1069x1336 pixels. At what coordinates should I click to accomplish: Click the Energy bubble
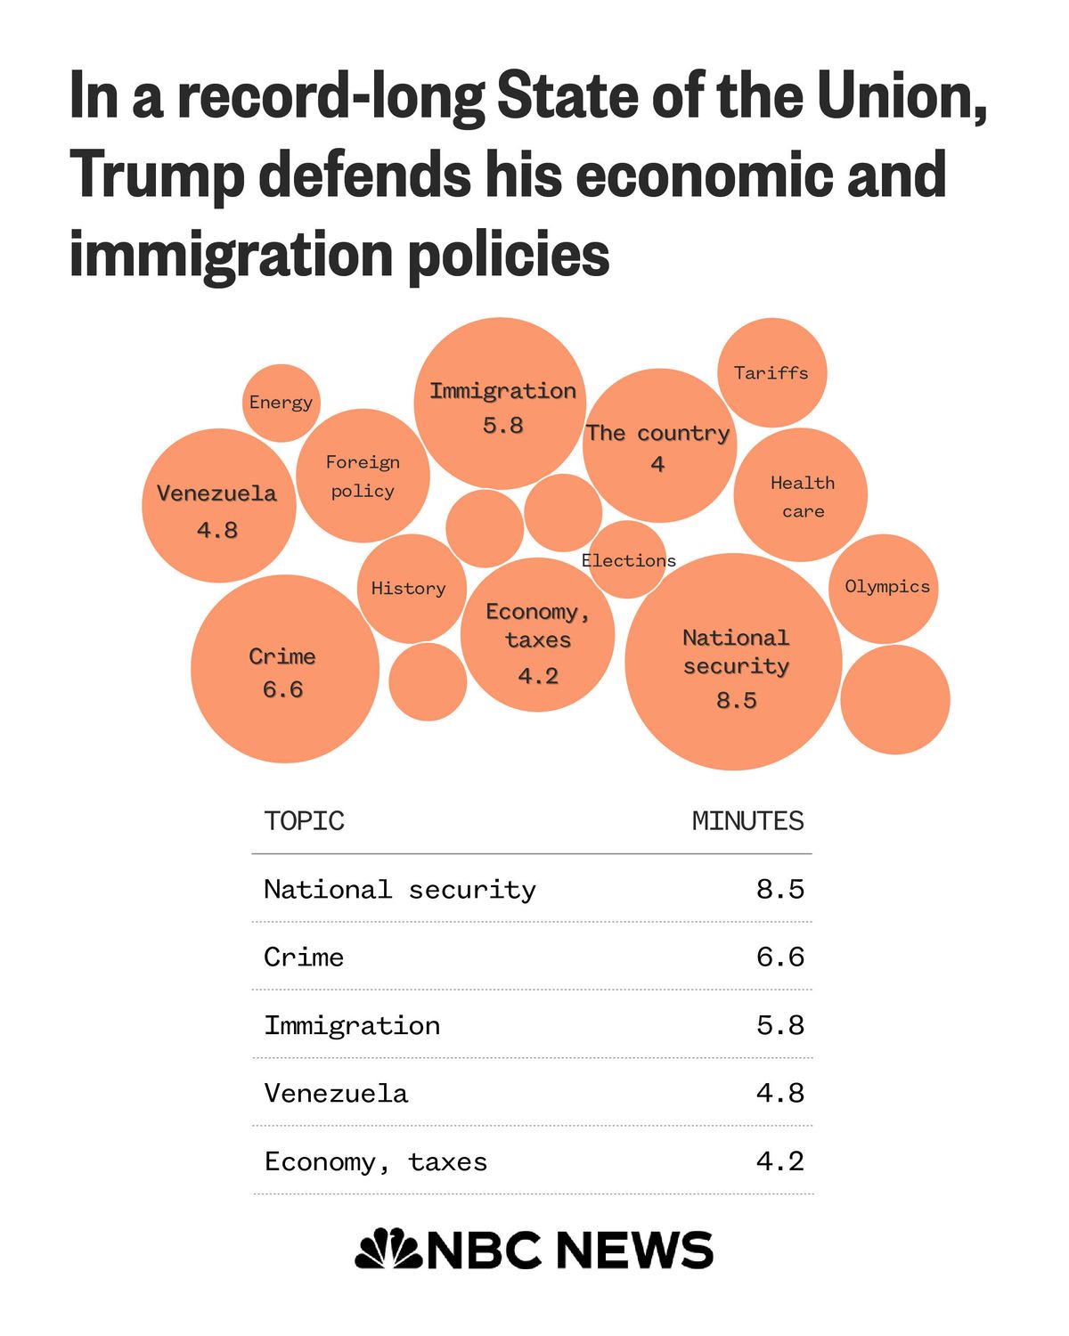[x=281, y=403]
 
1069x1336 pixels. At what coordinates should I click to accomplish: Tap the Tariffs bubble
[x=771, y=373]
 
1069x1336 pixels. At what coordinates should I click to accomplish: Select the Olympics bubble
[x=886, y=587]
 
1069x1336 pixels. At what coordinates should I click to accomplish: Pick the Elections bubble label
[x=629, y=560]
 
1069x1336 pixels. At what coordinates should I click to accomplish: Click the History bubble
[x=409, y=589]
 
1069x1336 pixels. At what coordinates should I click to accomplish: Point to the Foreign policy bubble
[x=363, y=477]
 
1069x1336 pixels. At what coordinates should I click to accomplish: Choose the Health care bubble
[x=802, y=496]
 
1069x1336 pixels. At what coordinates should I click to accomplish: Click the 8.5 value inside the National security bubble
[x=737, y=701]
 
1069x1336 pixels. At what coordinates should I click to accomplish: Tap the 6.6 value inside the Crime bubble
[x=282, y=689]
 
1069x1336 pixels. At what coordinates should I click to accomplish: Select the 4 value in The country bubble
[x=657, y=464]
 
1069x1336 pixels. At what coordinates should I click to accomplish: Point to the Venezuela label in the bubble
[x=217, y=493]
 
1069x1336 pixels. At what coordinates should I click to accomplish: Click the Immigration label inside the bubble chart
[x=502, y=391]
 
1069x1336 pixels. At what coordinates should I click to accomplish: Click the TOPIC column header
[x=304, y=820]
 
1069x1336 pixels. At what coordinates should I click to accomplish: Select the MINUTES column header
[x=747, y=820]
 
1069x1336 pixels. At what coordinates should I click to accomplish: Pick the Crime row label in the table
[x=304, y=957]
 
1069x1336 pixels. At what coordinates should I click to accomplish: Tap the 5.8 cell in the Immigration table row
[x=779, y=1025]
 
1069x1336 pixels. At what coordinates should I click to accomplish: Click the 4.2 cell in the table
[x=779, y=1161]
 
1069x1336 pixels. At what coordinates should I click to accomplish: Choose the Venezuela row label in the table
[x=336, y=1094]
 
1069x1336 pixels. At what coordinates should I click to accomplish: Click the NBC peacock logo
[x=389, y=1249]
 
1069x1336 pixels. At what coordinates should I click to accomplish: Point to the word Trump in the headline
[x=156, y=175]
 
